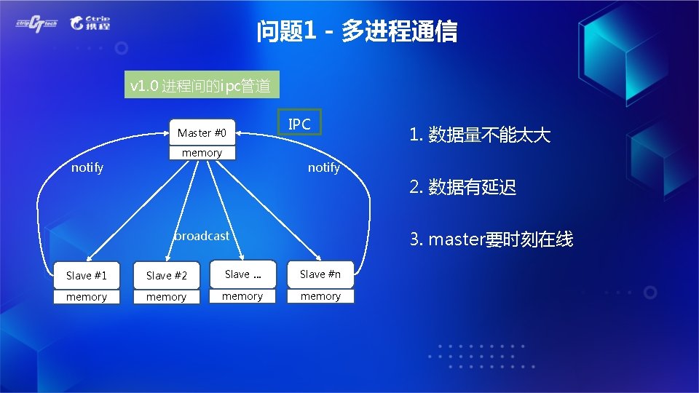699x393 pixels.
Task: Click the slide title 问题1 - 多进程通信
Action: click(x=357, y=31)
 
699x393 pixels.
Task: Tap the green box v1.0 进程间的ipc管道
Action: click(x=200, y=87)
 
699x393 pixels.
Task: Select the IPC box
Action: click(x=299, y=124)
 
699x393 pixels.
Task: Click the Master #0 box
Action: click(x=202, y=132)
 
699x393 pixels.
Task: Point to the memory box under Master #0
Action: click(x=202, y=153)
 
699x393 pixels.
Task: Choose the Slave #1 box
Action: click(x=86, y=275)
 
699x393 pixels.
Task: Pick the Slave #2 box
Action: click(x=166, y=275)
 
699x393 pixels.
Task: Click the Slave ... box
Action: click(x=242, y=274)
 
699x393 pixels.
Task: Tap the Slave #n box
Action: click(x=320, y=274)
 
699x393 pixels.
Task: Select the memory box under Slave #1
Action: click(x=86, y=297)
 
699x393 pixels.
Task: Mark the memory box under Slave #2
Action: click(x=166, y=297)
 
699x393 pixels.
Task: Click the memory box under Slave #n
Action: click(x=320, y=296)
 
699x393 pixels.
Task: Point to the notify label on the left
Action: click(x=87, y=167)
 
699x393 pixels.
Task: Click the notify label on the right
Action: click(x=323, y=167)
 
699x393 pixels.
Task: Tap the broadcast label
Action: click(x=202, y=236)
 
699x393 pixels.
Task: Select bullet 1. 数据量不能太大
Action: click(x=480, y=135)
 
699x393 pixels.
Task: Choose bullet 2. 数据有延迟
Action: click(x=463, y=187)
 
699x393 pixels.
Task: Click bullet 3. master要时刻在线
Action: click(x=491, y=239)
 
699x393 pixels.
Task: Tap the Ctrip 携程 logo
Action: click(x=90, y=23)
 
